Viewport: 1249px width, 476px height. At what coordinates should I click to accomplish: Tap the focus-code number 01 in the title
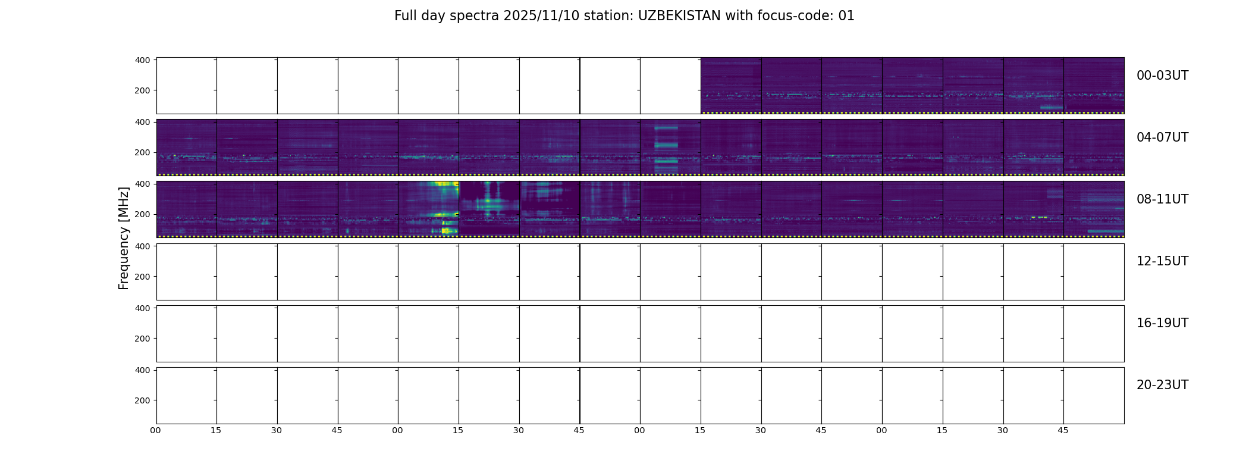pyautogui.click(x=846, y=16)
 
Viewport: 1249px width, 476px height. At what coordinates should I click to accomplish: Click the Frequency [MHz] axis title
pyautogui.click(x=124, y=238)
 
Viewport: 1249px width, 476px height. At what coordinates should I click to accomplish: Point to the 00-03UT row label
pyautogui.click(x=1162, y=76)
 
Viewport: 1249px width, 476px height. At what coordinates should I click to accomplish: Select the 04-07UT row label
pyautogui.click(x=1162, y=137)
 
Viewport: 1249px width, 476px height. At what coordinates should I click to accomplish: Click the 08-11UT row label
pyautogui.click(x=1162, y=199)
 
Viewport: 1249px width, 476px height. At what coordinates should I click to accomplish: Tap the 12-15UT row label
pyautogui.click(x=1162, y=261)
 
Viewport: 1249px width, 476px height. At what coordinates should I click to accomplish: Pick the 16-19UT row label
pyautogui.click(x=1162, y=323)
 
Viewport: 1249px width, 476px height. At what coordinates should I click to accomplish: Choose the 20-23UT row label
pyautogui.click(x=1162, y=385)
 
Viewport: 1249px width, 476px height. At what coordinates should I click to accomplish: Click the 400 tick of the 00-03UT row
pyautogui.click(x=143, y=60)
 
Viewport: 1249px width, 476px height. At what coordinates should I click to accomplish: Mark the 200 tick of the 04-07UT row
pyautogui.click(x=143, y=152)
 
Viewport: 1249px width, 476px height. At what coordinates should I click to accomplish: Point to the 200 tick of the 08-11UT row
pyautogui.click(x=143, y=214)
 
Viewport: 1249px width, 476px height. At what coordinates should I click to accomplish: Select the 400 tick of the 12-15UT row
pyautogui.click(x=143, y=246)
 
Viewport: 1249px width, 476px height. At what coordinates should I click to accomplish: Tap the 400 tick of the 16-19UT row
pyautogui.click(x=143, y=308)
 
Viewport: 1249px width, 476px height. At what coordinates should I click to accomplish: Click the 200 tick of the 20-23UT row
pyautogui.click(x=143, y=400)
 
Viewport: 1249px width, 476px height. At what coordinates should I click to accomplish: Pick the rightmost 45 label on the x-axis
pyautogui.click(x=1063, y=430)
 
